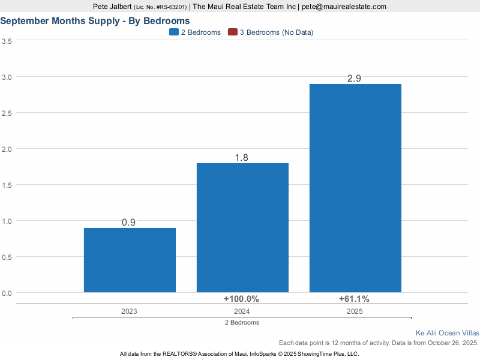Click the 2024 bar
[242, 227]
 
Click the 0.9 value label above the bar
[128, 222]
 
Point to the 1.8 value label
[241, 158]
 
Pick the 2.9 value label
[354, 79]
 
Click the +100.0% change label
[241, 299]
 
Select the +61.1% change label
[354, 299]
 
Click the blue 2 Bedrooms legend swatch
[173, 32]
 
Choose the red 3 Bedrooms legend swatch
[232, 32]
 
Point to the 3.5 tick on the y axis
[7, 41]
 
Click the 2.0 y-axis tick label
[7, 149]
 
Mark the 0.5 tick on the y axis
[7, 257]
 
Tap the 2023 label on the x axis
[129, 311]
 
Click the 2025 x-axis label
[355, 311]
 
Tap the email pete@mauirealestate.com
[343, 7]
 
